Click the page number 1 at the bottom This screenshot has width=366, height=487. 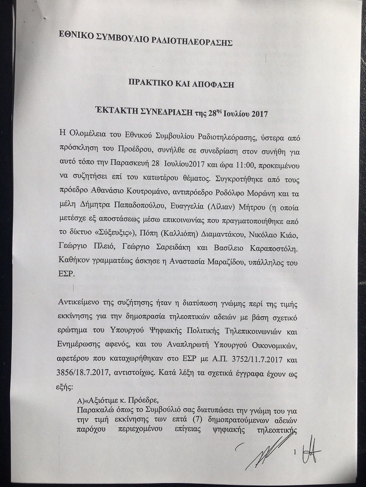point(295,452)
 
